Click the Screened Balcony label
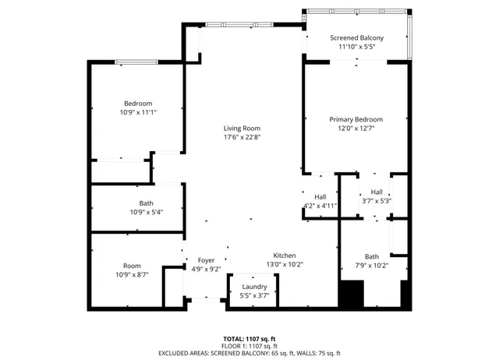(356, 37)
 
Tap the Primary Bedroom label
(356, 119)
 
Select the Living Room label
(242, 129)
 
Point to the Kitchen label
(284, 256)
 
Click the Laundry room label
(254, 287)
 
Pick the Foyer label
(206, 260)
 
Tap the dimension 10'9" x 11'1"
(138, 112)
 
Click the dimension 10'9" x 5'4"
(146, 212)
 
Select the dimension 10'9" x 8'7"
(132, 274)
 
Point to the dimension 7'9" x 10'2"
(371, 265)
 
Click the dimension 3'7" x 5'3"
(377, 201)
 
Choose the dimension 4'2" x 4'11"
(320, 206)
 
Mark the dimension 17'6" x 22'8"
(242, 137)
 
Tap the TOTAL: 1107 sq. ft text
(249, 339)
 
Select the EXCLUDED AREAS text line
(249, 353)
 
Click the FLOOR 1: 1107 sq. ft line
(249, 346)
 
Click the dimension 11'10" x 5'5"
(356, 46)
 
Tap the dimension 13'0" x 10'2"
(284, 264)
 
